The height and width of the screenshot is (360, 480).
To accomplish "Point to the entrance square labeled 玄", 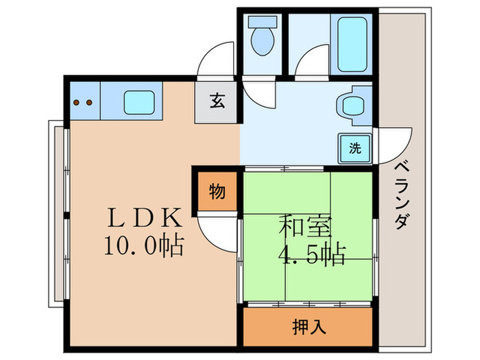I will [216, 101].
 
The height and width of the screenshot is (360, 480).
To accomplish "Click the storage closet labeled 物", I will [216, 192].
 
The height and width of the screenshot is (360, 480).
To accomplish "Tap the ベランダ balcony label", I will [405, 195].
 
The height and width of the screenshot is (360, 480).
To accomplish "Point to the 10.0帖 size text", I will [143, 245].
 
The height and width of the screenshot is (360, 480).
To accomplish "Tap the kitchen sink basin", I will [141, 104].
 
